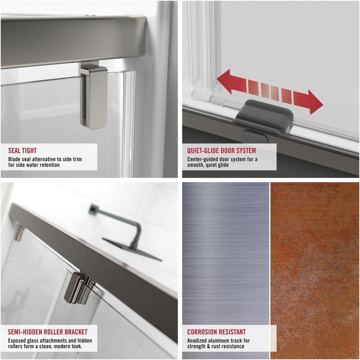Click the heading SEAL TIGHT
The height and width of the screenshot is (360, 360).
[x=22, y=150]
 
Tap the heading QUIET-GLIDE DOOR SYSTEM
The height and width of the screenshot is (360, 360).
[x=221, y=150]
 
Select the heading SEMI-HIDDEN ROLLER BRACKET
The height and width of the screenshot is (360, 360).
[x=48, y=332]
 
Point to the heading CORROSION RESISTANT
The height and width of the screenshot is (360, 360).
[x=216, y=332]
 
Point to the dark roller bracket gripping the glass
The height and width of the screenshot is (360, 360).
[x=79, y=288]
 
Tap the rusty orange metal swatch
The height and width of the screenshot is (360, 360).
[x=315, y=271]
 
